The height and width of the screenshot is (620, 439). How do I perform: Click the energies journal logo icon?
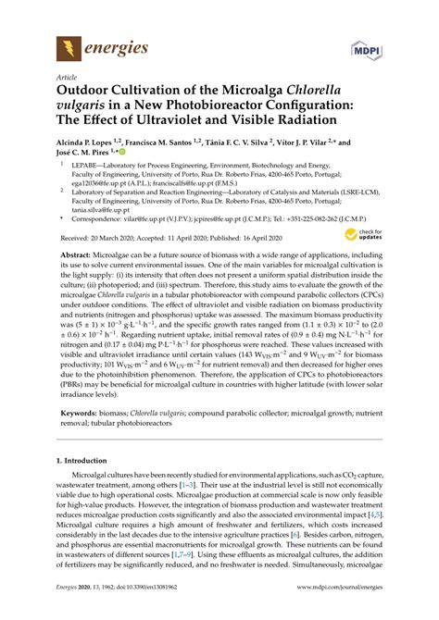(x=69, y=45)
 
